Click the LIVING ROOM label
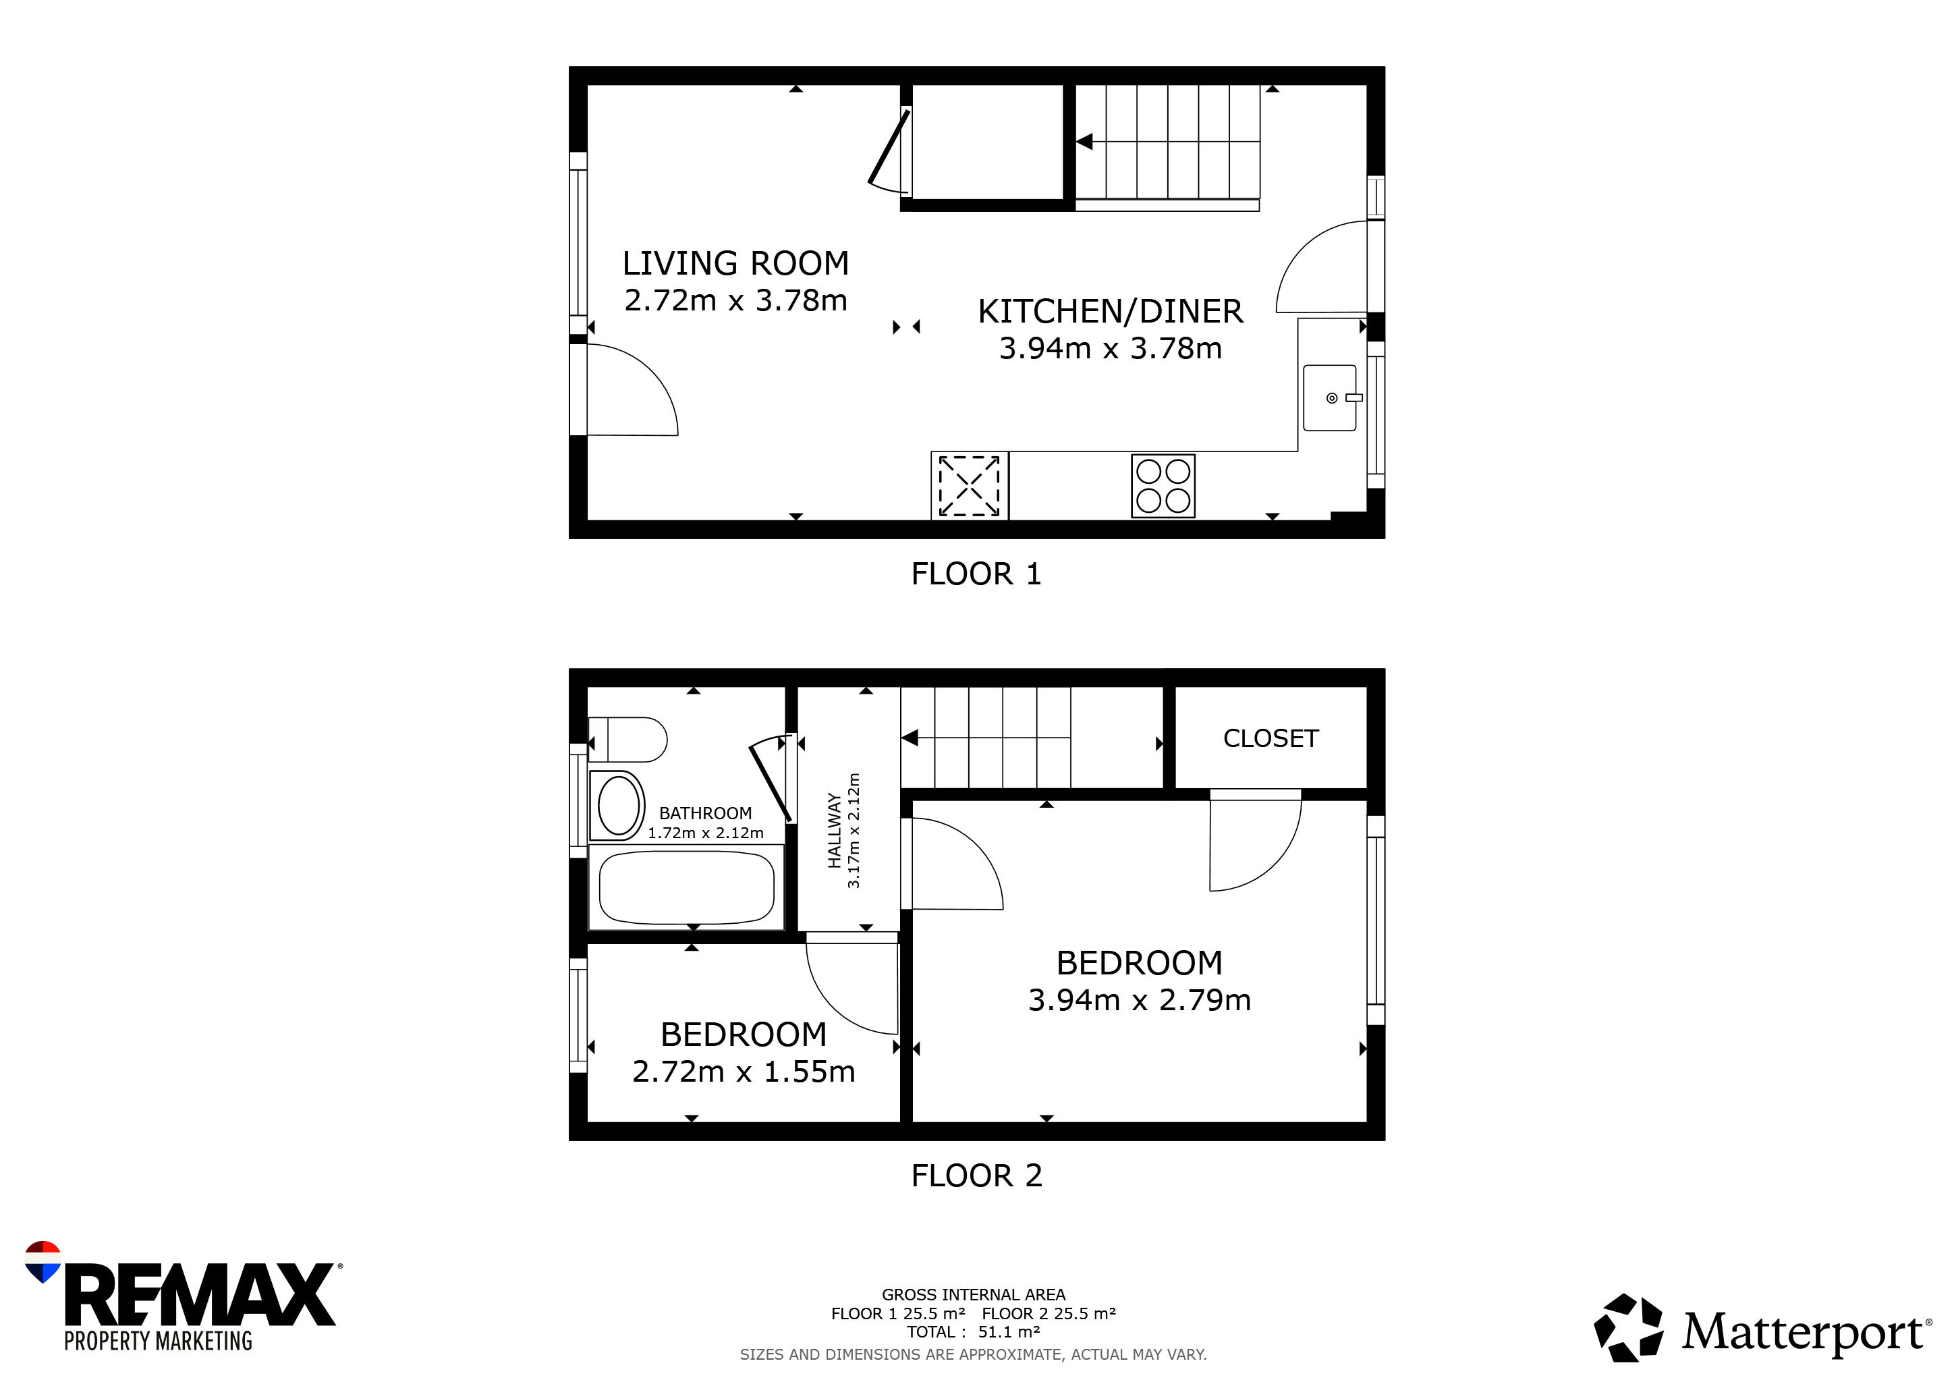tap(735, 264)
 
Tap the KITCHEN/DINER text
tap(1110, 312)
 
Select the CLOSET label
tap(1271, 739)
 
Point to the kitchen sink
tap(1329, 397)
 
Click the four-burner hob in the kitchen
tap(1163, 486)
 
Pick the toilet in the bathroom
tap(627, 740)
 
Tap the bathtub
tap(686, 887)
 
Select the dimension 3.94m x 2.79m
tap(1140, 1001)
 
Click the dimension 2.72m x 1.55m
tap(743, 1072)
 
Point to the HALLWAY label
tap(834, 831)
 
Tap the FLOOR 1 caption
tap(976, 574)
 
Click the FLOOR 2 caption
tap(976, 1176)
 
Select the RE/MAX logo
tap(183, 1297)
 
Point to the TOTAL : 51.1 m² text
tap(973, 1332)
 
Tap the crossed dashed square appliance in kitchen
tap(970, 486)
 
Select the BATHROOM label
tap(706, 814)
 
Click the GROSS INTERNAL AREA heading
tap(974, 1295)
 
